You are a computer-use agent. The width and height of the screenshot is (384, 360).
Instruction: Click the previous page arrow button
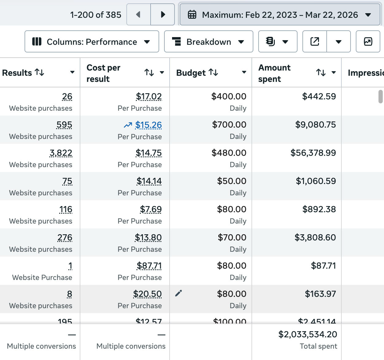click(138, 14)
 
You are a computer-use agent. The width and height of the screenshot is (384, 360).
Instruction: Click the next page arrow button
click(163, 14)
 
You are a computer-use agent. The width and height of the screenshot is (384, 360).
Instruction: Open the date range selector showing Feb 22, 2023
click(280, 15)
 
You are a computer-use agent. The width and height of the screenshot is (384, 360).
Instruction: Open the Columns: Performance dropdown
click(92, 42)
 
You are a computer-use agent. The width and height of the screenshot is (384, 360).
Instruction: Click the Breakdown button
click(209, 42)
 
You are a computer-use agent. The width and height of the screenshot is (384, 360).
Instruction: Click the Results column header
click(17, 73)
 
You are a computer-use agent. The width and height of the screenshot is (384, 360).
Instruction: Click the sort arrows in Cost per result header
click(149, 73)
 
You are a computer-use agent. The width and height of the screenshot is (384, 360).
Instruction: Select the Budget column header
click(191, 73)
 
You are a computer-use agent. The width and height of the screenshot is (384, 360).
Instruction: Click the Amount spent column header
click(274, 73)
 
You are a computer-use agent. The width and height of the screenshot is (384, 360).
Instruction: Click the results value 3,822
click(61, 153)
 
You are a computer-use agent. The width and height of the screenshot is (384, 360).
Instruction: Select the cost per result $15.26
click(148, 125)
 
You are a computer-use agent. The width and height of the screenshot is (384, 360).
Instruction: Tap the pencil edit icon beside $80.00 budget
click(179, 293)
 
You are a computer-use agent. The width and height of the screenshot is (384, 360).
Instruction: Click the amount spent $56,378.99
click(313, 153)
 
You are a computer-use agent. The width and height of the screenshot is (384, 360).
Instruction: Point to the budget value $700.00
click(229, 124)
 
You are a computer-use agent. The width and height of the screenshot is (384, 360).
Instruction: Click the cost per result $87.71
click(149, 266)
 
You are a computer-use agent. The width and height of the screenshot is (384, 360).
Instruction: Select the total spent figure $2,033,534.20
click(308, 334)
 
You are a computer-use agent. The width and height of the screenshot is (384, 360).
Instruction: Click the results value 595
click(64, 125)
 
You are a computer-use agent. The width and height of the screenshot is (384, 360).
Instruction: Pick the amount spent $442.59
click(319, 96)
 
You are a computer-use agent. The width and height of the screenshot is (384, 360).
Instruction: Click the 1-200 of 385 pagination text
click(96, 15)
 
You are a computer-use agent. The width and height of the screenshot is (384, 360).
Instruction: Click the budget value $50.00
click(232, 181)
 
